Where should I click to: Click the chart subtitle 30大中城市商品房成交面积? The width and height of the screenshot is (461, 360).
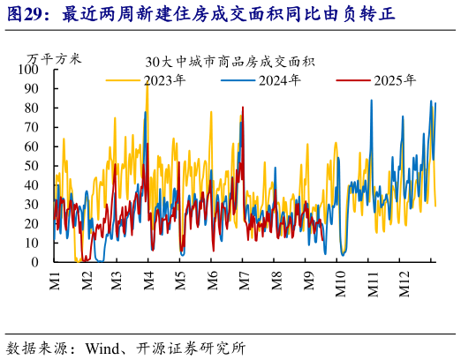tap(230, 62)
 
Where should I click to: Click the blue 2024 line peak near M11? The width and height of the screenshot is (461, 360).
tap(371, 100)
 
